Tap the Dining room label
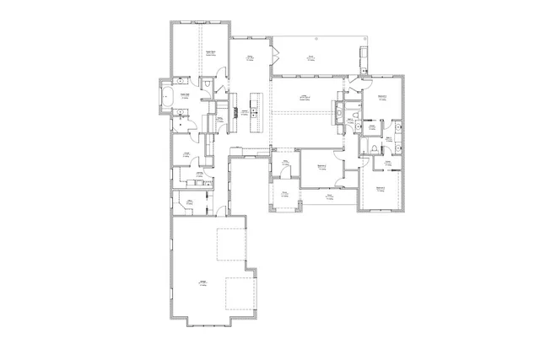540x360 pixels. (x=251, y=57)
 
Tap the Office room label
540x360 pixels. (x=192, y=200)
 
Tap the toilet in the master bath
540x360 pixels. (x=207, y=84)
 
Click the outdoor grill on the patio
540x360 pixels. (x=363, y=56)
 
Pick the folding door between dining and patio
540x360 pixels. (x=273, y=57)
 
